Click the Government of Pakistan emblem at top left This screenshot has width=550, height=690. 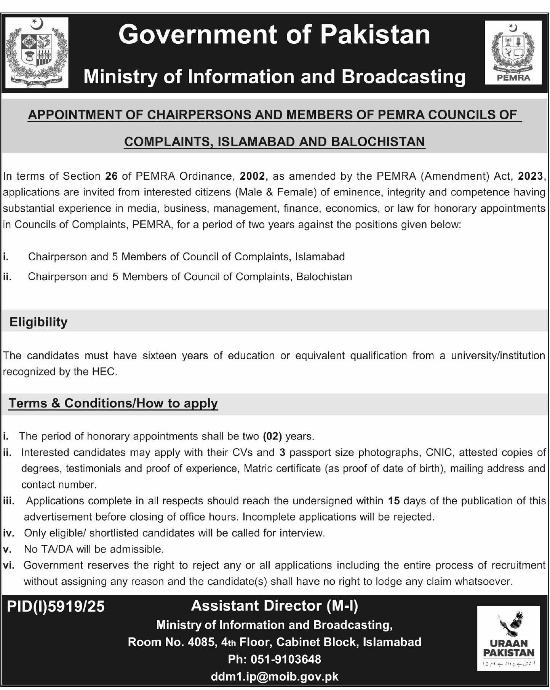[37, 53]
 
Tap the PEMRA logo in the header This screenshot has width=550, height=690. [513, 53]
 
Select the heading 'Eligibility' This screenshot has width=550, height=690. [38, 322]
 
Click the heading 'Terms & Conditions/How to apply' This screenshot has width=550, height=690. [113, 403]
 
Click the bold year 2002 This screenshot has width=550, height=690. [252, 176]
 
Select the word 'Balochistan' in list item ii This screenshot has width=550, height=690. [324, 277]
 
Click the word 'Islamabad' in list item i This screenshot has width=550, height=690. [320, 257]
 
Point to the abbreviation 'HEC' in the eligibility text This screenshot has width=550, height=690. [103, 372]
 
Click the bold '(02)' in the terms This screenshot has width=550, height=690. [272, 436]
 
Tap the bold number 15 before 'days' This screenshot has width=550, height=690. [394, 501]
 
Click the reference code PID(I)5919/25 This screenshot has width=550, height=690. [56, 607]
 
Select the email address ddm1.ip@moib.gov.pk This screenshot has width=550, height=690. [274, 676]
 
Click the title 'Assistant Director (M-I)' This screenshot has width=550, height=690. [274, 606]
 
